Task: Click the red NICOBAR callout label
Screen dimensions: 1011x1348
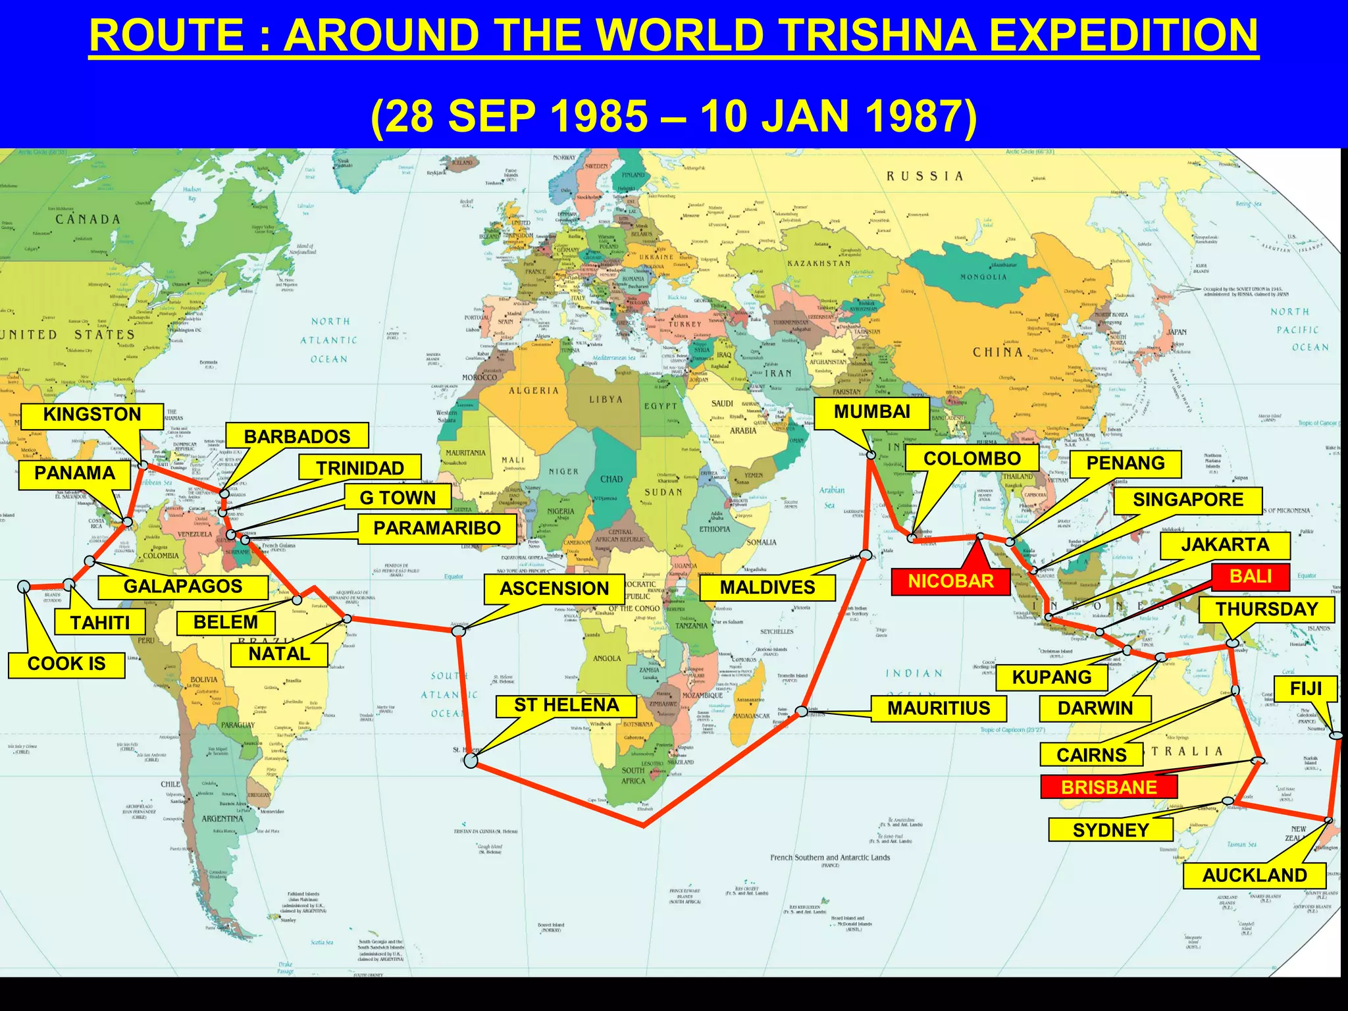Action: pyautogui.click(x=950, y=581)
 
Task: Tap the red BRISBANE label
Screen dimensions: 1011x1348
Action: pyautogui.click(x=1108, y=787)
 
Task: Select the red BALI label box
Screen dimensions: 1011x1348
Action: pyautogui.click(x=1250, y=577)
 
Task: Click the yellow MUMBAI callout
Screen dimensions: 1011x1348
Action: pyautogui.click(x=871, y=412)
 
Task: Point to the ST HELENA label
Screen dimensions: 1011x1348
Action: pyautogui.click(x=566, y=706)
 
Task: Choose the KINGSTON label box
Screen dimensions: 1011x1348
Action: pyautogui.click(x=92, y=415)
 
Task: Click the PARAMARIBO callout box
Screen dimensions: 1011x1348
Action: pyautogui.click(x=436, y=528)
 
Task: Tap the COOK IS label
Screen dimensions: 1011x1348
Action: pyautogui.click(x=66, y=663)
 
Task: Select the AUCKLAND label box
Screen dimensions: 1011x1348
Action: pyautogui.click(x=1254, y=875)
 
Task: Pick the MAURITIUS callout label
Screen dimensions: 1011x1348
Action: pyautogui.click(x=938, y=708)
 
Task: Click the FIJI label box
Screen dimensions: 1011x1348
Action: pyautogui.click(x=1305, y=688)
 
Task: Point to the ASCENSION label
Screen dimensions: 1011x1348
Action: pyautogui.click(x=554, y=588)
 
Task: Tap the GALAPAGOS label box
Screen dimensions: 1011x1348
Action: pyautogui.click(x=183, y=586)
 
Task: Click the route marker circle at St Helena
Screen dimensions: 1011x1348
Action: pyautogui.click(x=471, y=761)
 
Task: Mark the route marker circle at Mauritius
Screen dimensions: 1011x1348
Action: pyautogui.click(x=802, y=712)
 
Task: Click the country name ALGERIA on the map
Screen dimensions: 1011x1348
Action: pyautogui.click(x=534, y=391)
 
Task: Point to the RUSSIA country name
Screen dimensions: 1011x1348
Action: pyautogui.click(x=925, y=176)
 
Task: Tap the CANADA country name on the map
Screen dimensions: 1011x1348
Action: pyautogui.click(x=88, y=219)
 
